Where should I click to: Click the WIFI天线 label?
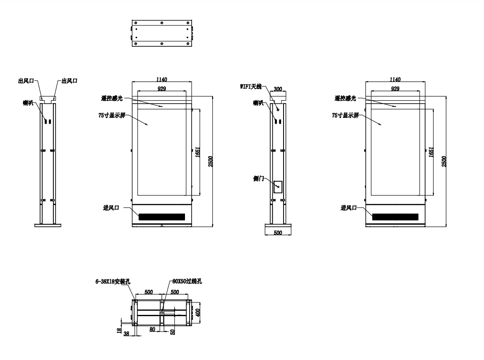(251, 86)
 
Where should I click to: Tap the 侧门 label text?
(258, 178)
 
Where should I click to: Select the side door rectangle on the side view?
(278, 187)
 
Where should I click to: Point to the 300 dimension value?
(278, 89)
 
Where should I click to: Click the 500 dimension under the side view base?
(278, 233)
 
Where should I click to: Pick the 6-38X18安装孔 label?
(113, 281)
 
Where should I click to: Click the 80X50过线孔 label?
(187, 281)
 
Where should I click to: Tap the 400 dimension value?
(198, 312)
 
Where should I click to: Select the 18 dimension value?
(119, 330)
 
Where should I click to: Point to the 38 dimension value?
(126, 333)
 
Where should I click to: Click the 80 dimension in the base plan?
(152, 330)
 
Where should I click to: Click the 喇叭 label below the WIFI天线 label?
(258, 103)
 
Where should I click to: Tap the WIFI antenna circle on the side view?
(278, 109)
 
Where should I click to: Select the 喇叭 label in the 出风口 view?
(28, 103)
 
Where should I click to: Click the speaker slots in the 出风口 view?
(47, 122)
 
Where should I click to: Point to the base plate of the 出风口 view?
(48, 226)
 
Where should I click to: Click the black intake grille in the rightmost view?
(395, 217)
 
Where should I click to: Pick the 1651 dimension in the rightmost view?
(431, 152)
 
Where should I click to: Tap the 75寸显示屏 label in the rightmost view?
(345, 115)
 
